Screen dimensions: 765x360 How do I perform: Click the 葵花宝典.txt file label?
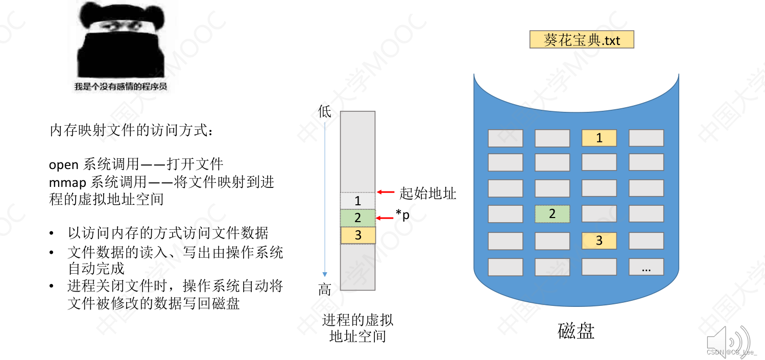tap(582, 40)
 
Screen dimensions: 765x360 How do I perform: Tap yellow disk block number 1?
tap(599, 138)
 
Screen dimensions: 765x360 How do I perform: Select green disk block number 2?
tap(552, 213)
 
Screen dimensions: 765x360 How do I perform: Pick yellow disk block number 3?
tap(599, 241)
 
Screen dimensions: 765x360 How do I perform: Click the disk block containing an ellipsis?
tap(646, 267)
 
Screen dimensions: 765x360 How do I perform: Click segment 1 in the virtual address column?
tap(357, 201)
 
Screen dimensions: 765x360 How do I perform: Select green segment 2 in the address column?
tap(357, 218)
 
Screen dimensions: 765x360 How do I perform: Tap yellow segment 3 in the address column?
tap(357, 235)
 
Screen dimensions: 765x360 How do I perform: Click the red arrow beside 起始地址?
tap(386, 193)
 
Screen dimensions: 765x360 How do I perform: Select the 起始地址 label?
tap(427, 193)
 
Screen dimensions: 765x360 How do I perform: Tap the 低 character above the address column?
tap(325, 111)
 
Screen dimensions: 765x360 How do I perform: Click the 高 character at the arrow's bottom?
tap(325, 290)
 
